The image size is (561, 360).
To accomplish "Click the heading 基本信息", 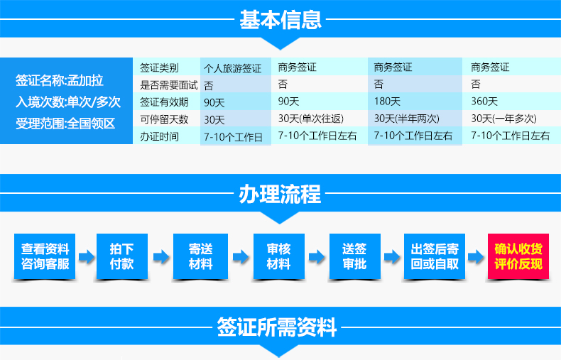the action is point(280,20).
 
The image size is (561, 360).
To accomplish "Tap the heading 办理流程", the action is point(280,195).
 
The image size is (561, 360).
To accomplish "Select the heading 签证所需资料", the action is point(276,327).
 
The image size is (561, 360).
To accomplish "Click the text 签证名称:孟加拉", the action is point(60,80).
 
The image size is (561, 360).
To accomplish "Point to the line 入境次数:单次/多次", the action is point(68,102).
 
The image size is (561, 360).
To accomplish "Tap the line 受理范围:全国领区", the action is point(65,124).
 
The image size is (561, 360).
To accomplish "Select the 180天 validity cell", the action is point(387,102).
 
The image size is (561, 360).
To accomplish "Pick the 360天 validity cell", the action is point(484,102).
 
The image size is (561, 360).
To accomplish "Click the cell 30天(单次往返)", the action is point(311,119).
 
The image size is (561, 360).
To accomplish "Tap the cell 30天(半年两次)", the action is point(407,119).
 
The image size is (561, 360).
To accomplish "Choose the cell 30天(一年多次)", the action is point(503,119).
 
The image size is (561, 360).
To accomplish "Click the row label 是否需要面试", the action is point(169,85).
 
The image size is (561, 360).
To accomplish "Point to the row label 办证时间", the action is point(159,137).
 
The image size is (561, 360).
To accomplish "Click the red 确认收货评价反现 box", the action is point(518,256).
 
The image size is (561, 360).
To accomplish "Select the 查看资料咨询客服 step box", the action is point(45,256).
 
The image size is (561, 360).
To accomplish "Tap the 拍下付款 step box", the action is point(122,256).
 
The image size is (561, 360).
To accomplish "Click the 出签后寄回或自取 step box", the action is point(435,256).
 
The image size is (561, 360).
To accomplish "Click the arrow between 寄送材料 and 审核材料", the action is point(241,256).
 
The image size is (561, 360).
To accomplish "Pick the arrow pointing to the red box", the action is point(476,256).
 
